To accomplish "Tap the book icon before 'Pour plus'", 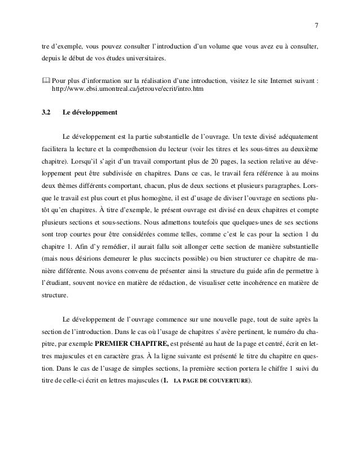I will [46, 80].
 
